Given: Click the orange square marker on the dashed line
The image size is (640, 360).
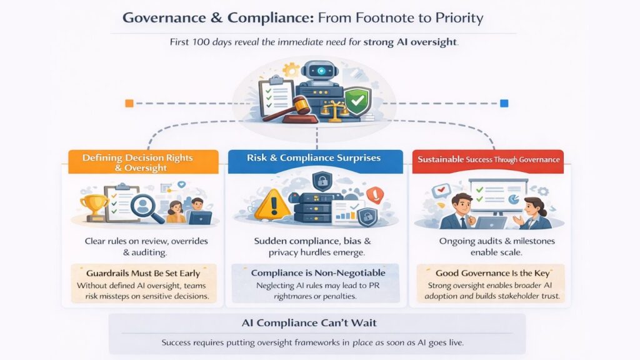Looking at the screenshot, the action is pyautogui.click(x=129, y=103).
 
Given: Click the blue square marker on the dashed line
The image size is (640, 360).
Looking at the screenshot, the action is pyautogui.click(x=504, y=103).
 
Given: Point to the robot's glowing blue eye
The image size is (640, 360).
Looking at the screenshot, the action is pyautogui.click(x=321, y=71).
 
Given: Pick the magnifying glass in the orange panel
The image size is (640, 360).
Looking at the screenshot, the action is pyautogui.click(x=146, y=207).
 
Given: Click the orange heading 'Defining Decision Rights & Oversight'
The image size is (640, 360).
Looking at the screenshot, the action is pyautogui.click(x=137, y=162).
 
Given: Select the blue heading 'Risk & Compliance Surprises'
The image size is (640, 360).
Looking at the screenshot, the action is pyautogui.click(x=314, y=158).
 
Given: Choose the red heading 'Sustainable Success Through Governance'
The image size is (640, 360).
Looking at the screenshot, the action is pyautogui.click(x=488, y=159).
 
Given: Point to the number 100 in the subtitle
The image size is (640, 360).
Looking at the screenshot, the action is pyautogui.click(x=201, y=42).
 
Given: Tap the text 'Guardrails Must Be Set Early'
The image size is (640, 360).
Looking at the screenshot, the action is pyautogui.click(x=143, y=273).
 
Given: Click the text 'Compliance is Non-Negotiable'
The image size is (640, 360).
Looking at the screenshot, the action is pyautogui.click(x=318, y=272).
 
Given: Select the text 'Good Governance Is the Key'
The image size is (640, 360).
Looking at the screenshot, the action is pyautogui.click(x=492, y=273).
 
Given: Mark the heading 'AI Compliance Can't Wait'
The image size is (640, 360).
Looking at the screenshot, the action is pyautogui.click(x=309, y=323).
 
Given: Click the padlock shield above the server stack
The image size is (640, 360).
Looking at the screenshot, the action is pyautogui.click(x=322, y=181).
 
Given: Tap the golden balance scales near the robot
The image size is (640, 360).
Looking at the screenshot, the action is pyautogui.click(x=334, y=111).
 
